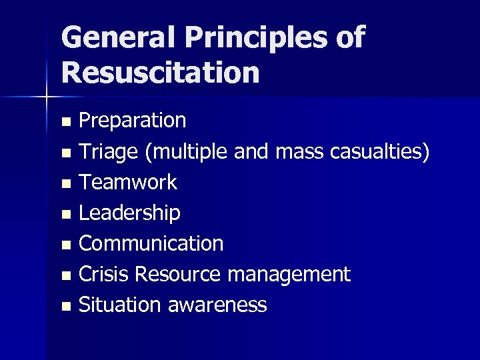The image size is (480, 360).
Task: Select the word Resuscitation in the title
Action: [159, 71]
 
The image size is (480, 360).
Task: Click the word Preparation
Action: [133, 121]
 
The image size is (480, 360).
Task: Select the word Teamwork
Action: [127, 182]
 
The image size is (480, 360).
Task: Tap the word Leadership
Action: [129, 213]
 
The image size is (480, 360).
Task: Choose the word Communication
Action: [151, 243]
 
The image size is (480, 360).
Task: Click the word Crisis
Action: [105, 274]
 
